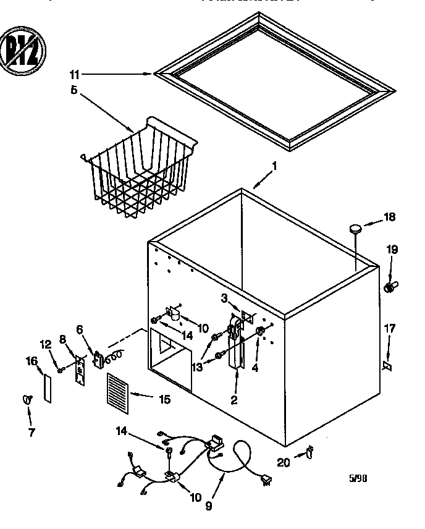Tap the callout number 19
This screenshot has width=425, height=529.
click(393, 250)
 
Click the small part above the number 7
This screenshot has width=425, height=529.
click(27, 400)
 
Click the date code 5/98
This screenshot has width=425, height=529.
click(358, 478)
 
